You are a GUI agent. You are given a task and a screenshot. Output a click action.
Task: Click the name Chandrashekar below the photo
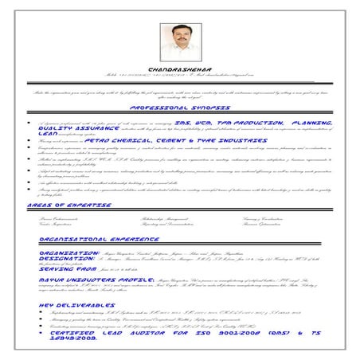[179, 69]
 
